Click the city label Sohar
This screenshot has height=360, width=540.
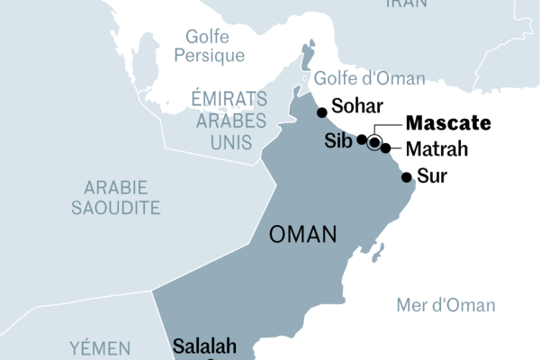coord(359,103)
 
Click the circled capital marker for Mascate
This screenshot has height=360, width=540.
coord(374,141)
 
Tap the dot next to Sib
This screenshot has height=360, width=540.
coord(361,139)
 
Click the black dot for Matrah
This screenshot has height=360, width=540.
coord(385,148)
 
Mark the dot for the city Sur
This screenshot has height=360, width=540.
coord(407,176)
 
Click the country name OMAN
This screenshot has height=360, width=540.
coord(303,236)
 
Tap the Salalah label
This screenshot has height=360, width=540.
coord(204,346)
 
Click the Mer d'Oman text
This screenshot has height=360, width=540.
coord(445,305)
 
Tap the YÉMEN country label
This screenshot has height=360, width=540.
coord(101,347)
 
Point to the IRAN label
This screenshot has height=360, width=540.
coord(407,4)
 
